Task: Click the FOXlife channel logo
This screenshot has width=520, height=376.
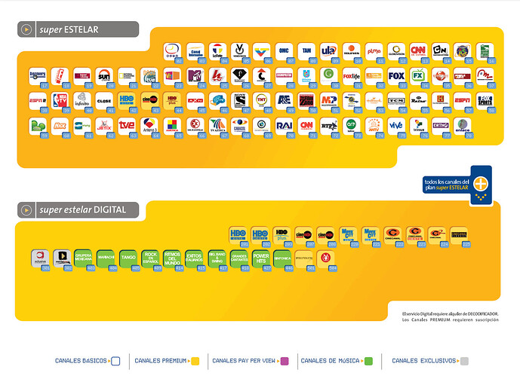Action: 352,75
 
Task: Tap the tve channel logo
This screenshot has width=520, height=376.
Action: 127,124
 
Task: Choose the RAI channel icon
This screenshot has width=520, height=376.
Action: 284,124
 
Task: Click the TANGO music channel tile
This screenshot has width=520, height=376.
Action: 128,257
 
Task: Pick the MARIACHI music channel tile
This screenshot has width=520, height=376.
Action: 106,257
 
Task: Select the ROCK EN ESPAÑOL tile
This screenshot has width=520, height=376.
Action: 150,257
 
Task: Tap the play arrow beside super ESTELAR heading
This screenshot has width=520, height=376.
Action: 27,29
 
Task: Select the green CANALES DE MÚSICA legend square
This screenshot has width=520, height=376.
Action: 368,361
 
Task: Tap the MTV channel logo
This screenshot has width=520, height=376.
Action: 195,75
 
